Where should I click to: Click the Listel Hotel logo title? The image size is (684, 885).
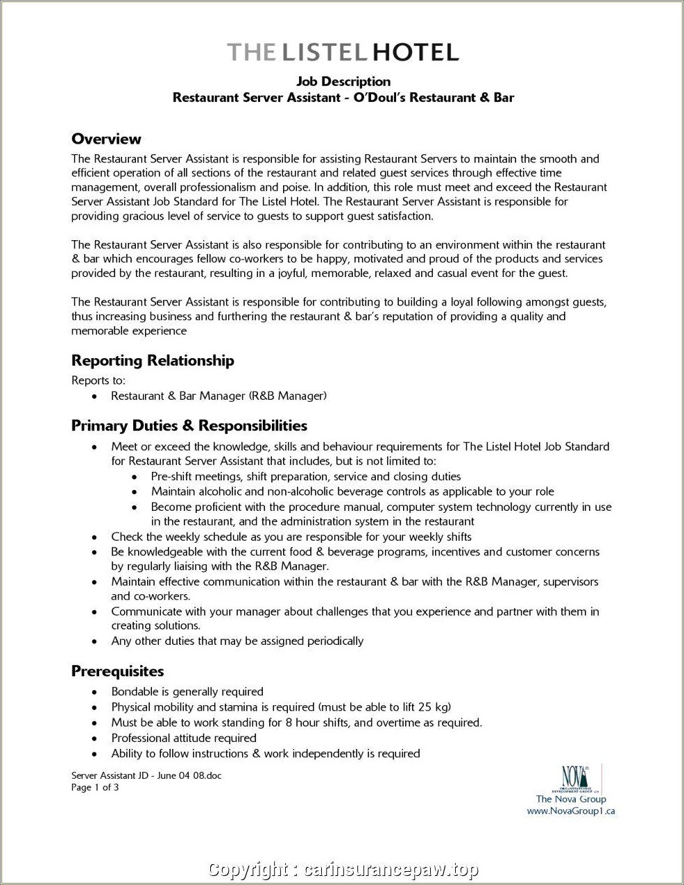click(x=343, y=52)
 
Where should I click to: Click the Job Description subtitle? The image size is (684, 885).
click(x=343, y=82)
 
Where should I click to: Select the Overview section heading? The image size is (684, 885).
click(x=106, y=139)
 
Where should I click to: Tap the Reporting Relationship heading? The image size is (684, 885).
click(x=153, y=360)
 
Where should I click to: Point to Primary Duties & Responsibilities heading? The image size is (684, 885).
click(x=189, y=425)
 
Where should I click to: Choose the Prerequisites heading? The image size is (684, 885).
click(x=117, y=671)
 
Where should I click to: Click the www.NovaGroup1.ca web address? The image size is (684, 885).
click(x=571, y=811)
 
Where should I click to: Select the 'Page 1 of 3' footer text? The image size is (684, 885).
click(x=95, y=787)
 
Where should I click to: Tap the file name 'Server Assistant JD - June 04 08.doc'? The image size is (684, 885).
click(x=146, y=775)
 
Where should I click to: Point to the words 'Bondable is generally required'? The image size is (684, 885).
click(x=187, y=692)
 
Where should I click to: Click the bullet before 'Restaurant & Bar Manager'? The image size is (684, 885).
click(x=94, y=396)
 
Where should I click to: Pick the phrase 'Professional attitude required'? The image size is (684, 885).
click(x=184, y=739)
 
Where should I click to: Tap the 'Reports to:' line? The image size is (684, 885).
click(x=99, y=380)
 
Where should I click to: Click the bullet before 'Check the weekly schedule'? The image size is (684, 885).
click(x=94, y=537)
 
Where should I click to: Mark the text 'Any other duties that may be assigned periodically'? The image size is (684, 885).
click(x=237, y=641)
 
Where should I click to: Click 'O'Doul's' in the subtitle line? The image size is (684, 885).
click(x=379, y=97)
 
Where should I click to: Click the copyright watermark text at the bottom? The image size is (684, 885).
click(x=343, y=870)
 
